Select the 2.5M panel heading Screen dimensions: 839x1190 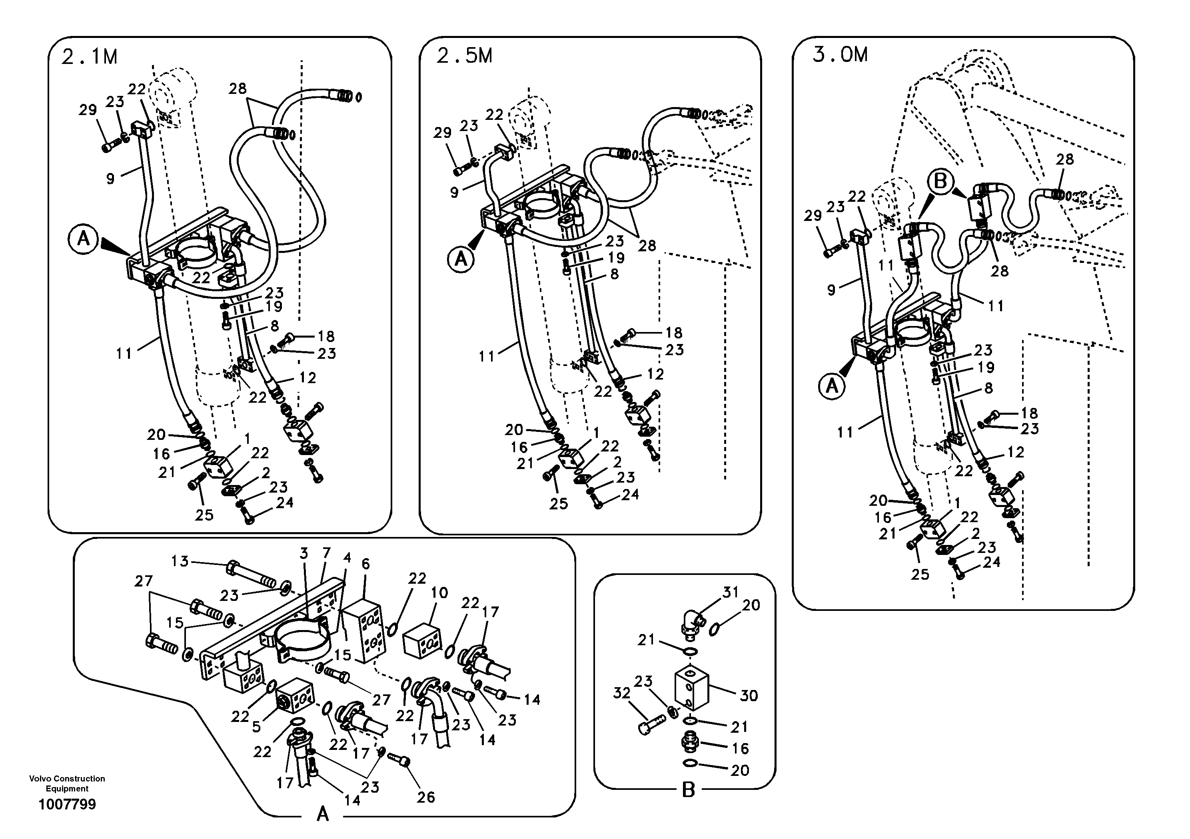click(464, 56)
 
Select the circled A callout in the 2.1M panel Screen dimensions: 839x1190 click(83, 239)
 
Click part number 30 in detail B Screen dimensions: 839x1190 click(749, 695)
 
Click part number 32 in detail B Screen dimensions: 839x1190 click(621, 693)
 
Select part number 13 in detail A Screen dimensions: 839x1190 click(180, 561)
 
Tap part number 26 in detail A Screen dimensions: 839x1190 click(425, 797)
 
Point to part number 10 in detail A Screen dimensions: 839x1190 click(439, 592)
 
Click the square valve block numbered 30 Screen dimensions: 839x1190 click(691, 689)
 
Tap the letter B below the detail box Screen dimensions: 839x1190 click(688, 790)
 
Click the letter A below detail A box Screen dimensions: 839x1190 click(322, 815)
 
